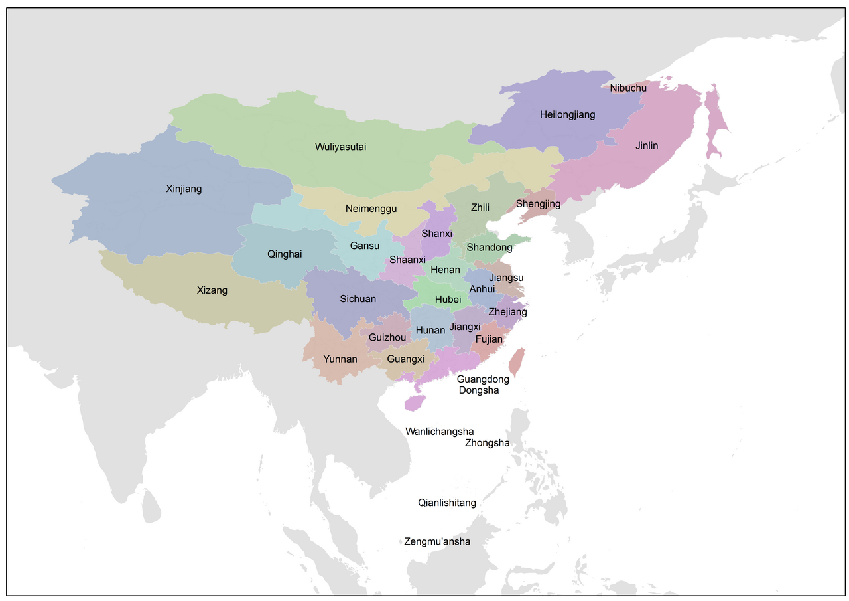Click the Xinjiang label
184,189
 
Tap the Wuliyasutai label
341,147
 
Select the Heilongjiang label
567,114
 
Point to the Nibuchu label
628,88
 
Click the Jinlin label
647,145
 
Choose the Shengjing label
538,203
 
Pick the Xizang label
212,290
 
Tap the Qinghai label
285,254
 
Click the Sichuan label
358,299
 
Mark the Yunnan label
340,359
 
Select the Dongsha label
479,390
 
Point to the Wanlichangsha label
440,432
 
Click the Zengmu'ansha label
437,541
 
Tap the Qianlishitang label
447,503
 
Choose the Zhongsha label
488,443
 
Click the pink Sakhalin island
714,126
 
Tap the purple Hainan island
415,402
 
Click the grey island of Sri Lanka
151,506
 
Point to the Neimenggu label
371,209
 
